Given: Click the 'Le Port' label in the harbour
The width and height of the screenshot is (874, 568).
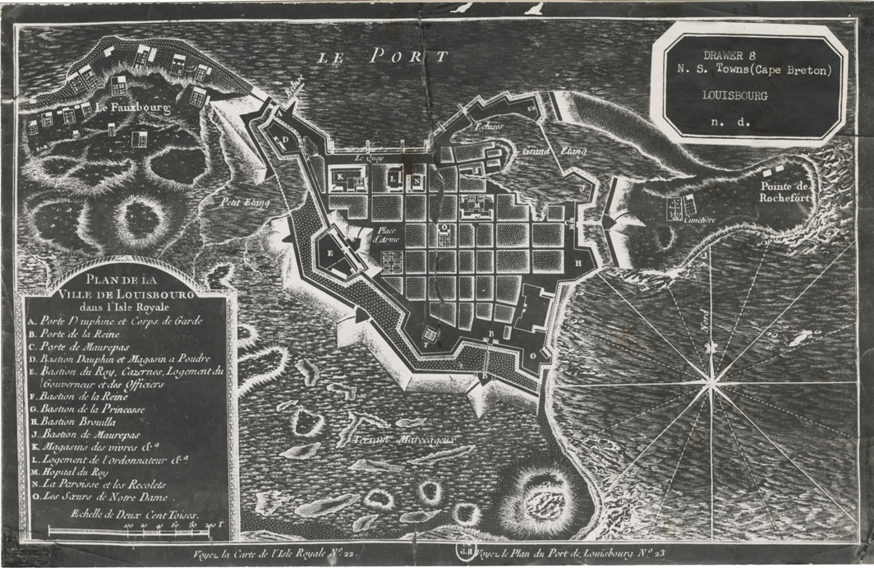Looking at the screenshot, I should (x=383, y=56).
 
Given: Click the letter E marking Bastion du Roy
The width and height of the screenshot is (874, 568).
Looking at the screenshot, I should (x=330, y=253).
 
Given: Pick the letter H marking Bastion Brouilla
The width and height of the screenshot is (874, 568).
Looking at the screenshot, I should (x=578, y=262).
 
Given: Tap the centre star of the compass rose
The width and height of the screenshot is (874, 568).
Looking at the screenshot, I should (x=711, y=379).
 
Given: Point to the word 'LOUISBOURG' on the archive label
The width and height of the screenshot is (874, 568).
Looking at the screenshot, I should (x=736, y=95).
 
